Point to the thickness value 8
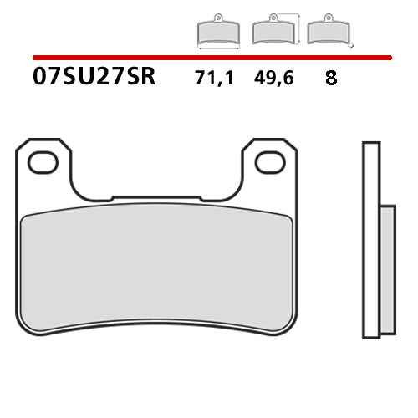(331, 81)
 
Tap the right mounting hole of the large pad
(269, 162)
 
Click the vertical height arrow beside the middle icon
(298, 28)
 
